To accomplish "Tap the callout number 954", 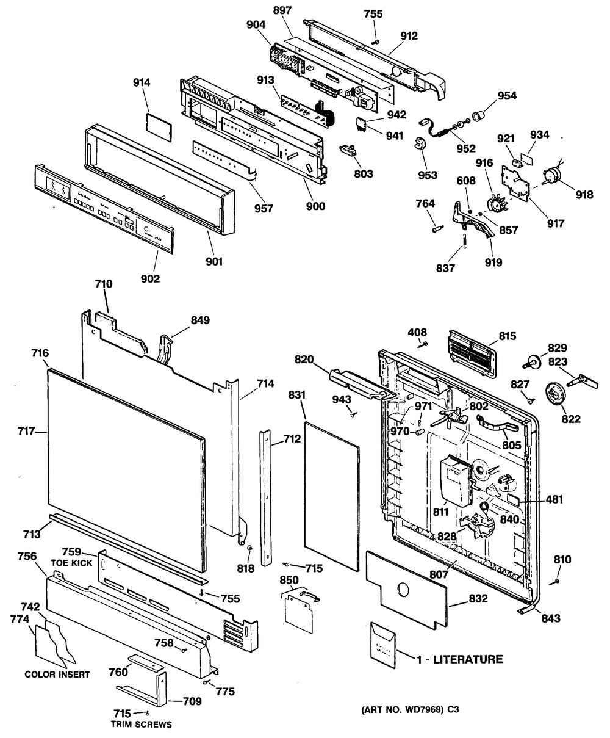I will pyautogui.click(x=506, y=96).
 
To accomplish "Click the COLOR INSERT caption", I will pyautogui.click(x=57, y=675).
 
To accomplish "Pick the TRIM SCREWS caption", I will pyautogui.click(x=141, y=725).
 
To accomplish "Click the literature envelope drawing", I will pyautogui.click(x=383, y=641).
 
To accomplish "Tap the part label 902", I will pyautogui.click(x=150, y=278).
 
